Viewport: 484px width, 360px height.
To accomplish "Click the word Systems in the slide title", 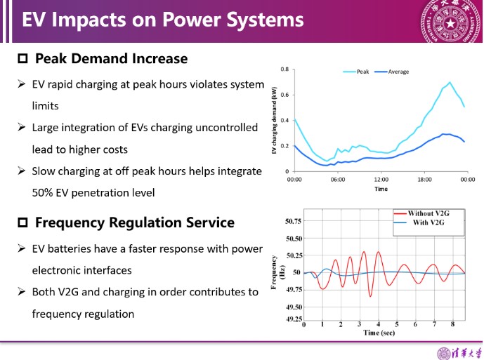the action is tap(265, 20).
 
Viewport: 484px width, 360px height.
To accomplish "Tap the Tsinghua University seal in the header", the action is tap(451, 21).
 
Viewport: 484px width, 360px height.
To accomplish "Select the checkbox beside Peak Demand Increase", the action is tap(22, 58).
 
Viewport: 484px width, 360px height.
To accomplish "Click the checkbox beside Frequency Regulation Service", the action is tap(22, 222).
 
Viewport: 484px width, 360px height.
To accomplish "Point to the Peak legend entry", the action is tap(356, 72).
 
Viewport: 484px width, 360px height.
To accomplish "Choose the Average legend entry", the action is tap(392, 72).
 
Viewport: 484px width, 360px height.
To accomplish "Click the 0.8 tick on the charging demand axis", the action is tap(284, 69).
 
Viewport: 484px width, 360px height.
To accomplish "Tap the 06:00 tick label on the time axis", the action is tap(338, 180).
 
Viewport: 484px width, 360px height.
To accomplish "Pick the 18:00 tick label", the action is tap(424, 180).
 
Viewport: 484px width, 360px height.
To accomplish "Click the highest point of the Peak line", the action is tap(450, 82).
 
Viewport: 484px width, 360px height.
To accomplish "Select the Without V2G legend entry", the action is tap(421, 213).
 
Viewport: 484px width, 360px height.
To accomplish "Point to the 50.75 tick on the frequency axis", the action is tap(293, 221).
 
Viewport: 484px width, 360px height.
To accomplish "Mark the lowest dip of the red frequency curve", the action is tap(370, 296).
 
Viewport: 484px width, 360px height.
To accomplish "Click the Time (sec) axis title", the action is tap(379, 333).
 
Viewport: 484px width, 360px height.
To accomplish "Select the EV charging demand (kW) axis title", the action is tap(274, 120).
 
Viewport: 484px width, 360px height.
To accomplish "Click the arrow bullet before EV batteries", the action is tap(21, 248).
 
